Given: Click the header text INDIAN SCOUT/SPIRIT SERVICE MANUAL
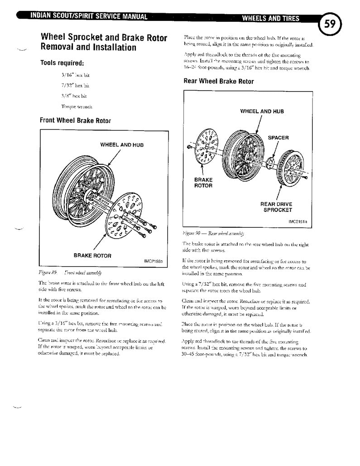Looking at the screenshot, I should point(89,17).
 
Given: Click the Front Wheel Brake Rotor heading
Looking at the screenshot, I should point(75,120).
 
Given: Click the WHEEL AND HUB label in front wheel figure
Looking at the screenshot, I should point(122,145).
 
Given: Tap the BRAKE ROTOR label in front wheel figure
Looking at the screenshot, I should point(92,255).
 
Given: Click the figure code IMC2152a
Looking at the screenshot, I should point(153,261).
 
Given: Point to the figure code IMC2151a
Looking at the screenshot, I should point(298,222).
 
